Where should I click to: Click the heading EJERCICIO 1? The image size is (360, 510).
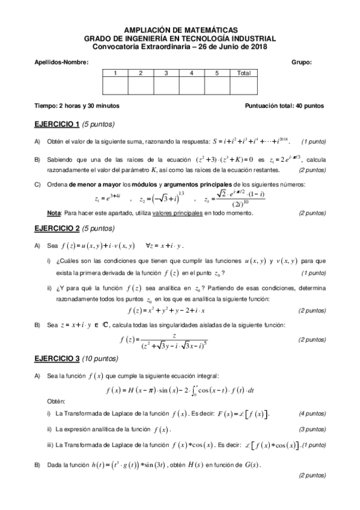pos(58,124)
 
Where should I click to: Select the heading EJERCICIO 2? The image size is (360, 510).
pos(58,229)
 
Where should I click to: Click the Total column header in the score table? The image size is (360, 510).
pos(243,73)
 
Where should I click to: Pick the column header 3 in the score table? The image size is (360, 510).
pos(165,73)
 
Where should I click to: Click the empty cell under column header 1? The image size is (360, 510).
pos(115,87)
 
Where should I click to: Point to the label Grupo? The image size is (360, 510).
pos(301,62)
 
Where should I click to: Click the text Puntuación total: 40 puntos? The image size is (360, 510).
pos(284,106)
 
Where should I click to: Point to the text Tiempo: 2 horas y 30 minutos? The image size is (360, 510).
pos(77,106)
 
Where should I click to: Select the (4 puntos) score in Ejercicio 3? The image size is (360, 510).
pos(312,414)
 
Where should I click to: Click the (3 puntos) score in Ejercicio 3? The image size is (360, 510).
pos(312,429)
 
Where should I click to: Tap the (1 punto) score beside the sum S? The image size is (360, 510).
pos(313,142)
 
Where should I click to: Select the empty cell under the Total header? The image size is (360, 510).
pos(243,87)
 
